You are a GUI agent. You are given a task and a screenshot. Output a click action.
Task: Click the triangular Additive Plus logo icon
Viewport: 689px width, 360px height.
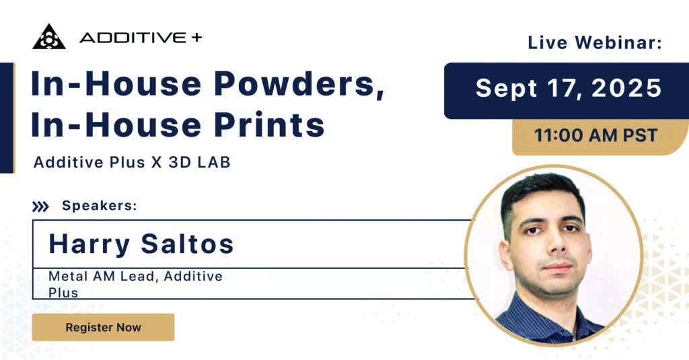48,37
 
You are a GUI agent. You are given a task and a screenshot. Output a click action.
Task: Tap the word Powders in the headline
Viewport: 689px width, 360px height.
299,83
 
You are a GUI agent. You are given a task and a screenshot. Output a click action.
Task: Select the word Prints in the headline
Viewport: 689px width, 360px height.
269,124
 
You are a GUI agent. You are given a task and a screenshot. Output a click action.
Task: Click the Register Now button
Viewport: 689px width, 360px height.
103,327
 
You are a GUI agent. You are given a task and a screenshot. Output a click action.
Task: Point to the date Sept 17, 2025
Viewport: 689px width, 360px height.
569,88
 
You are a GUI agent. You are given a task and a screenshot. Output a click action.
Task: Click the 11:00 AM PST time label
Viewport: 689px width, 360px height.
596,135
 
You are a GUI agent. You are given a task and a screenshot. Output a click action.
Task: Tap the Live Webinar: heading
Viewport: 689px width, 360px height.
595,42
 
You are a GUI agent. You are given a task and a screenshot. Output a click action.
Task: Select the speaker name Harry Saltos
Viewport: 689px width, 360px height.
141,244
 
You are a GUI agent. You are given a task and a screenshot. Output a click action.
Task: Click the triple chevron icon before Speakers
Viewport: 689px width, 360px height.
40,206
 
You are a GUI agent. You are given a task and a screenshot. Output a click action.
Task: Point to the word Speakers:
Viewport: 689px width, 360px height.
100,205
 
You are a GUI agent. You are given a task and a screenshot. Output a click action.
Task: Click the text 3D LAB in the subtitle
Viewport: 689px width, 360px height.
199,162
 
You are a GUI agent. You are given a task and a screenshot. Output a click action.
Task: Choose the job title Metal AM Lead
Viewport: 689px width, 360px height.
102,277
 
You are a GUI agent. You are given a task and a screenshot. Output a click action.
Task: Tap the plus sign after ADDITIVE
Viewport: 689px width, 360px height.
197,38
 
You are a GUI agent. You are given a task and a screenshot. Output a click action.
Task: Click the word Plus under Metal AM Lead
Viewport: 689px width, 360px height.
63,293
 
